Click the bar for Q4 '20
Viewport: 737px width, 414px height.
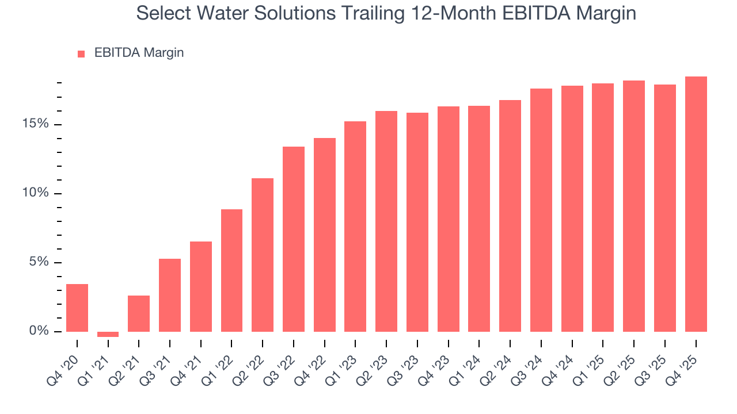77,308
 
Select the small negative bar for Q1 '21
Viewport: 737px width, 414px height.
108,334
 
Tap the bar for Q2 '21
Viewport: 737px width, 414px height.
139,313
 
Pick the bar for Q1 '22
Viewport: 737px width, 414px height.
231,270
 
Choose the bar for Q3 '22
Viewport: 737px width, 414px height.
294,239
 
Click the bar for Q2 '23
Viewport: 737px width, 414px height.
386,221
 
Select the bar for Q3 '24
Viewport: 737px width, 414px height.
541,210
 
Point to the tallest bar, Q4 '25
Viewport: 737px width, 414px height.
696,204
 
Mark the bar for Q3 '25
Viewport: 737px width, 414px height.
665,208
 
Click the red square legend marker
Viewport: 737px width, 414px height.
81,53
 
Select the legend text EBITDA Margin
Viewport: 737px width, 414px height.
139,53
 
